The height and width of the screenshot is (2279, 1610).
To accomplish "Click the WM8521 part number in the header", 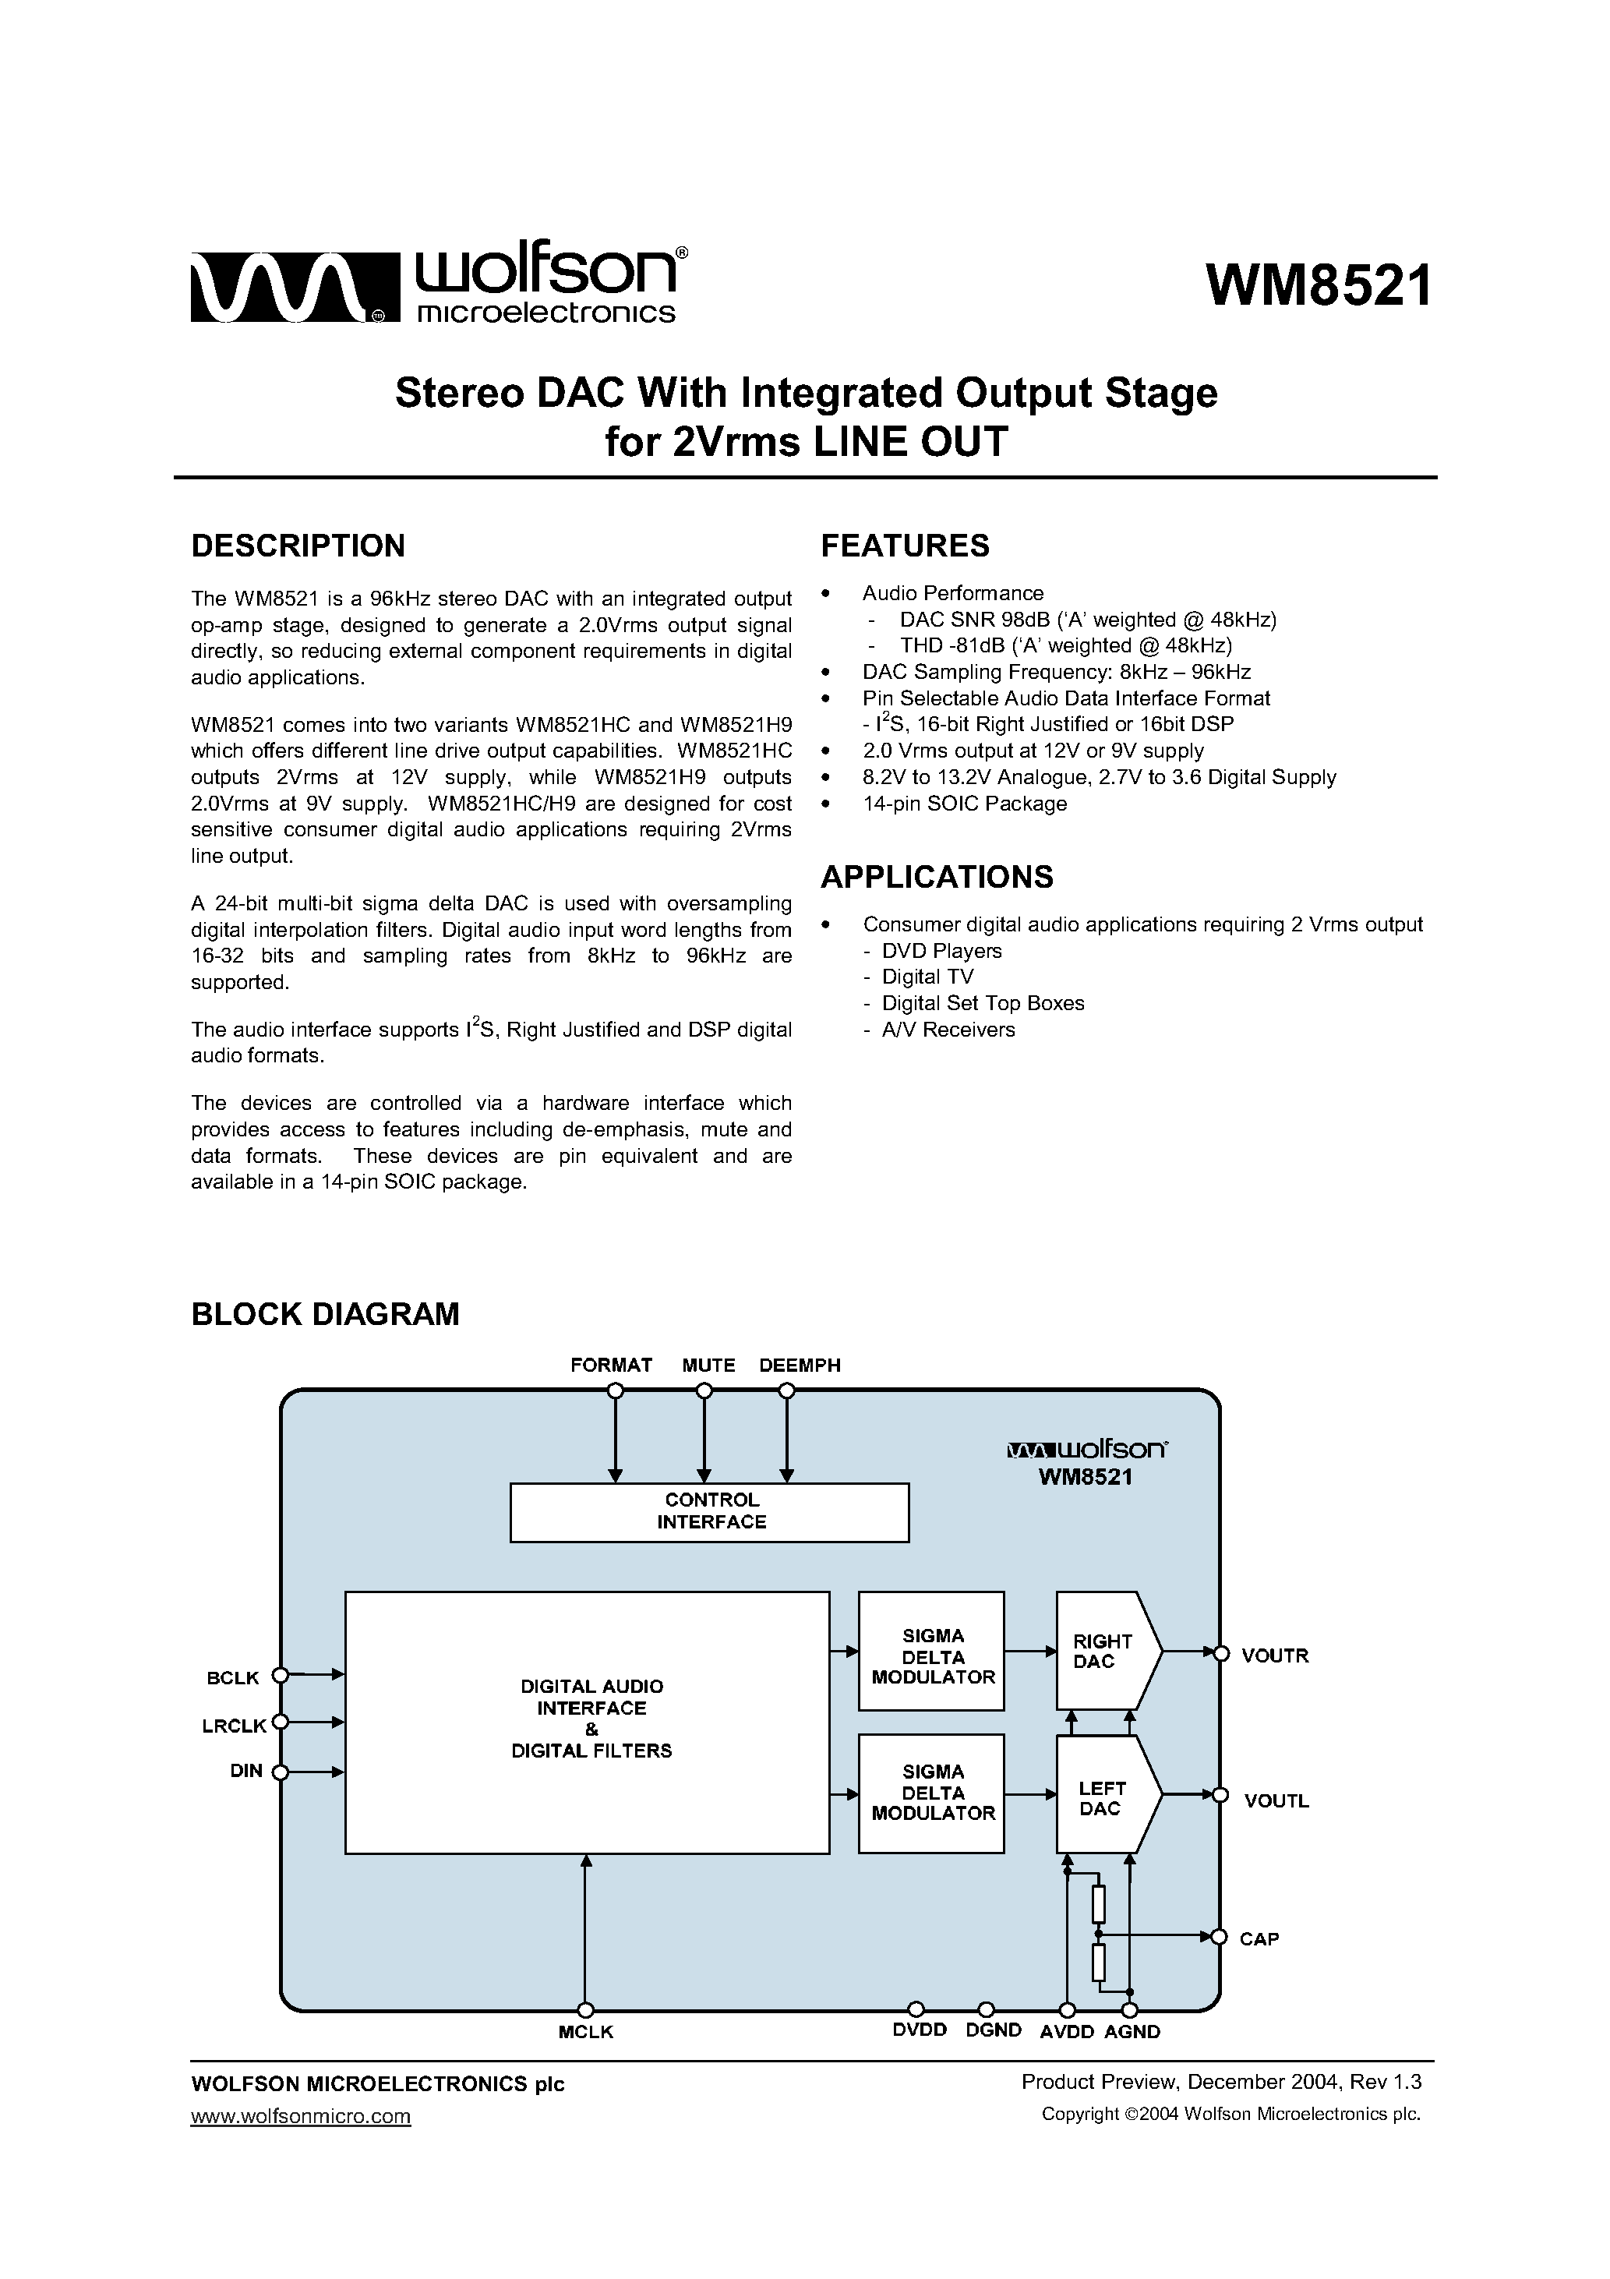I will (x=1319, y=287).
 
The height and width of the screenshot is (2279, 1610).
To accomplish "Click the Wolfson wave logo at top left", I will (x=291, y=288).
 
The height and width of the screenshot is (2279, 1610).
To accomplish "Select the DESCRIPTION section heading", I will (x=298, y=546).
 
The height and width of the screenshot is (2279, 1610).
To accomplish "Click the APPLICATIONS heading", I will (x=936, y=878).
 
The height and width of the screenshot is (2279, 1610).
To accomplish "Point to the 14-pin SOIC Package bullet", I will (x=964, y=804).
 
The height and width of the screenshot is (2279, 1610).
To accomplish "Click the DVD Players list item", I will (x=941, y=951).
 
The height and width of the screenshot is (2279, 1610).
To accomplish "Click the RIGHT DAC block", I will (x=1103, y=1652).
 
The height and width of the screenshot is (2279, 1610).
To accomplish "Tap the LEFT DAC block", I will (x=1102, y=1799).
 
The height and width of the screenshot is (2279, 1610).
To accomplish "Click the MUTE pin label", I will (x=708, y=1366).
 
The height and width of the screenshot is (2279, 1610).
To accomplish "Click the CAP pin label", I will (x=1259, y=1938).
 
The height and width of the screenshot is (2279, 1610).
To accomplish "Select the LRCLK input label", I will (x=235, y=1726).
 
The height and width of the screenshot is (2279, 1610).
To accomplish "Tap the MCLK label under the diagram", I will (x=586, y=2032).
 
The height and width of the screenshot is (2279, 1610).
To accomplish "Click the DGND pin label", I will (x=993, y=2031).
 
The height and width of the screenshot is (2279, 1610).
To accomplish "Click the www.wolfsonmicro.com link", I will (x=300, y=2116).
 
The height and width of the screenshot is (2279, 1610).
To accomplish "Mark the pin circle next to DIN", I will (x=280, y=1772).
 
